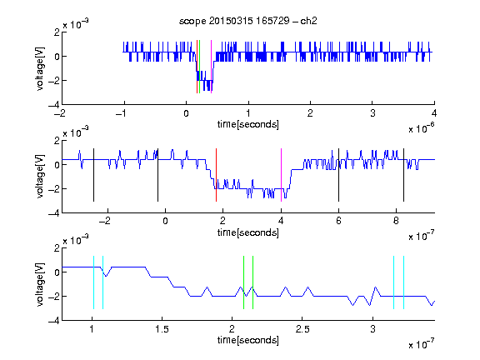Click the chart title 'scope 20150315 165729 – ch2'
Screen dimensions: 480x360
tap(248, 21)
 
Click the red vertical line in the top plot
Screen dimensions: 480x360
tap(197, 67)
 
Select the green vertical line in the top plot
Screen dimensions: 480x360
tap(200, 67)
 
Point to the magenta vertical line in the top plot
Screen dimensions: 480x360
tap(211, 67)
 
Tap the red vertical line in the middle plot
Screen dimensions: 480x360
tap(216, 175)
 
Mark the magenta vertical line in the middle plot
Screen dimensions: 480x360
tap(281, 175)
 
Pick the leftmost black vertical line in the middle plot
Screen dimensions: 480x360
tap(93, 175)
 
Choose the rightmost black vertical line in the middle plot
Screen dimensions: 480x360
tap(403, 175)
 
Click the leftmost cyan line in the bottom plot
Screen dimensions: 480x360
tap(93, 282)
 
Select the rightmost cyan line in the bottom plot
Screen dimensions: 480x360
tap(403, 282)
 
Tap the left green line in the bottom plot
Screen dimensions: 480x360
tap(243, 282)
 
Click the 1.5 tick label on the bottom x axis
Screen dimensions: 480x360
tap(162, 329)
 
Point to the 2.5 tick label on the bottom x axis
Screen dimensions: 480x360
tap(302, 329)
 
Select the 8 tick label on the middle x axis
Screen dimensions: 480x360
tap(396, 221)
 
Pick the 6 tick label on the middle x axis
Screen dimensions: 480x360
tap(338, 221)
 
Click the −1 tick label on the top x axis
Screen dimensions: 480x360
tap(122, 113)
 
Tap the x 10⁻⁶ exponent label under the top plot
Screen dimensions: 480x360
tap(422, 128)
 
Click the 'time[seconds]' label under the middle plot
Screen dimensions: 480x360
tap(248, 232)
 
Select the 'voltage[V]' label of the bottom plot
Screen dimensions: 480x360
tap(40, 284)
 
